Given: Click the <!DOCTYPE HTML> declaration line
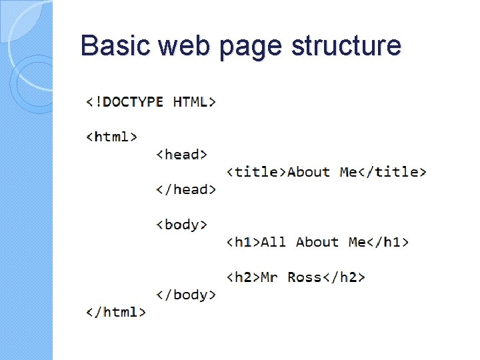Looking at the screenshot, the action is pos(151,102).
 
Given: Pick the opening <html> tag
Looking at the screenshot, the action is pos(112,137).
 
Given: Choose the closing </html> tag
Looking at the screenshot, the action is pos(116,311).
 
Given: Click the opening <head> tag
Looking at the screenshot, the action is pos(182,155).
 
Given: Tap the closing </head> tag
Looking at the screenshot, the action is pos(186,189).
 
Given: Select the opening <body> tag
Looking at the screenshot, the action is pos(182,225).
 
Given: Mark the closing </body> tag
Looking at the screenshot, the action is pos(186,294).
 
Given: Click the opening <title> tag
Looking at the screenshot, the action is pos(257,172).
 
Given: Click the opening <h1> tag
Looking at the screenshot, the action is pos(243,242).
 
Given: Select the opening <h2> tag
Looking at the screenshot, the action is pos(243,277).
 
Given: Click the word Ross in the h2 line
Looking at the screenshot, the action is pos(305,277).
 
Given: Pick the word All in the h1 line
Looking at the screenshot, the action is pos(273,242).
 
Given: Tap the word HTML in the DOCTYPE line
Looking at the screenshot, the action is pos(194,102).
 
